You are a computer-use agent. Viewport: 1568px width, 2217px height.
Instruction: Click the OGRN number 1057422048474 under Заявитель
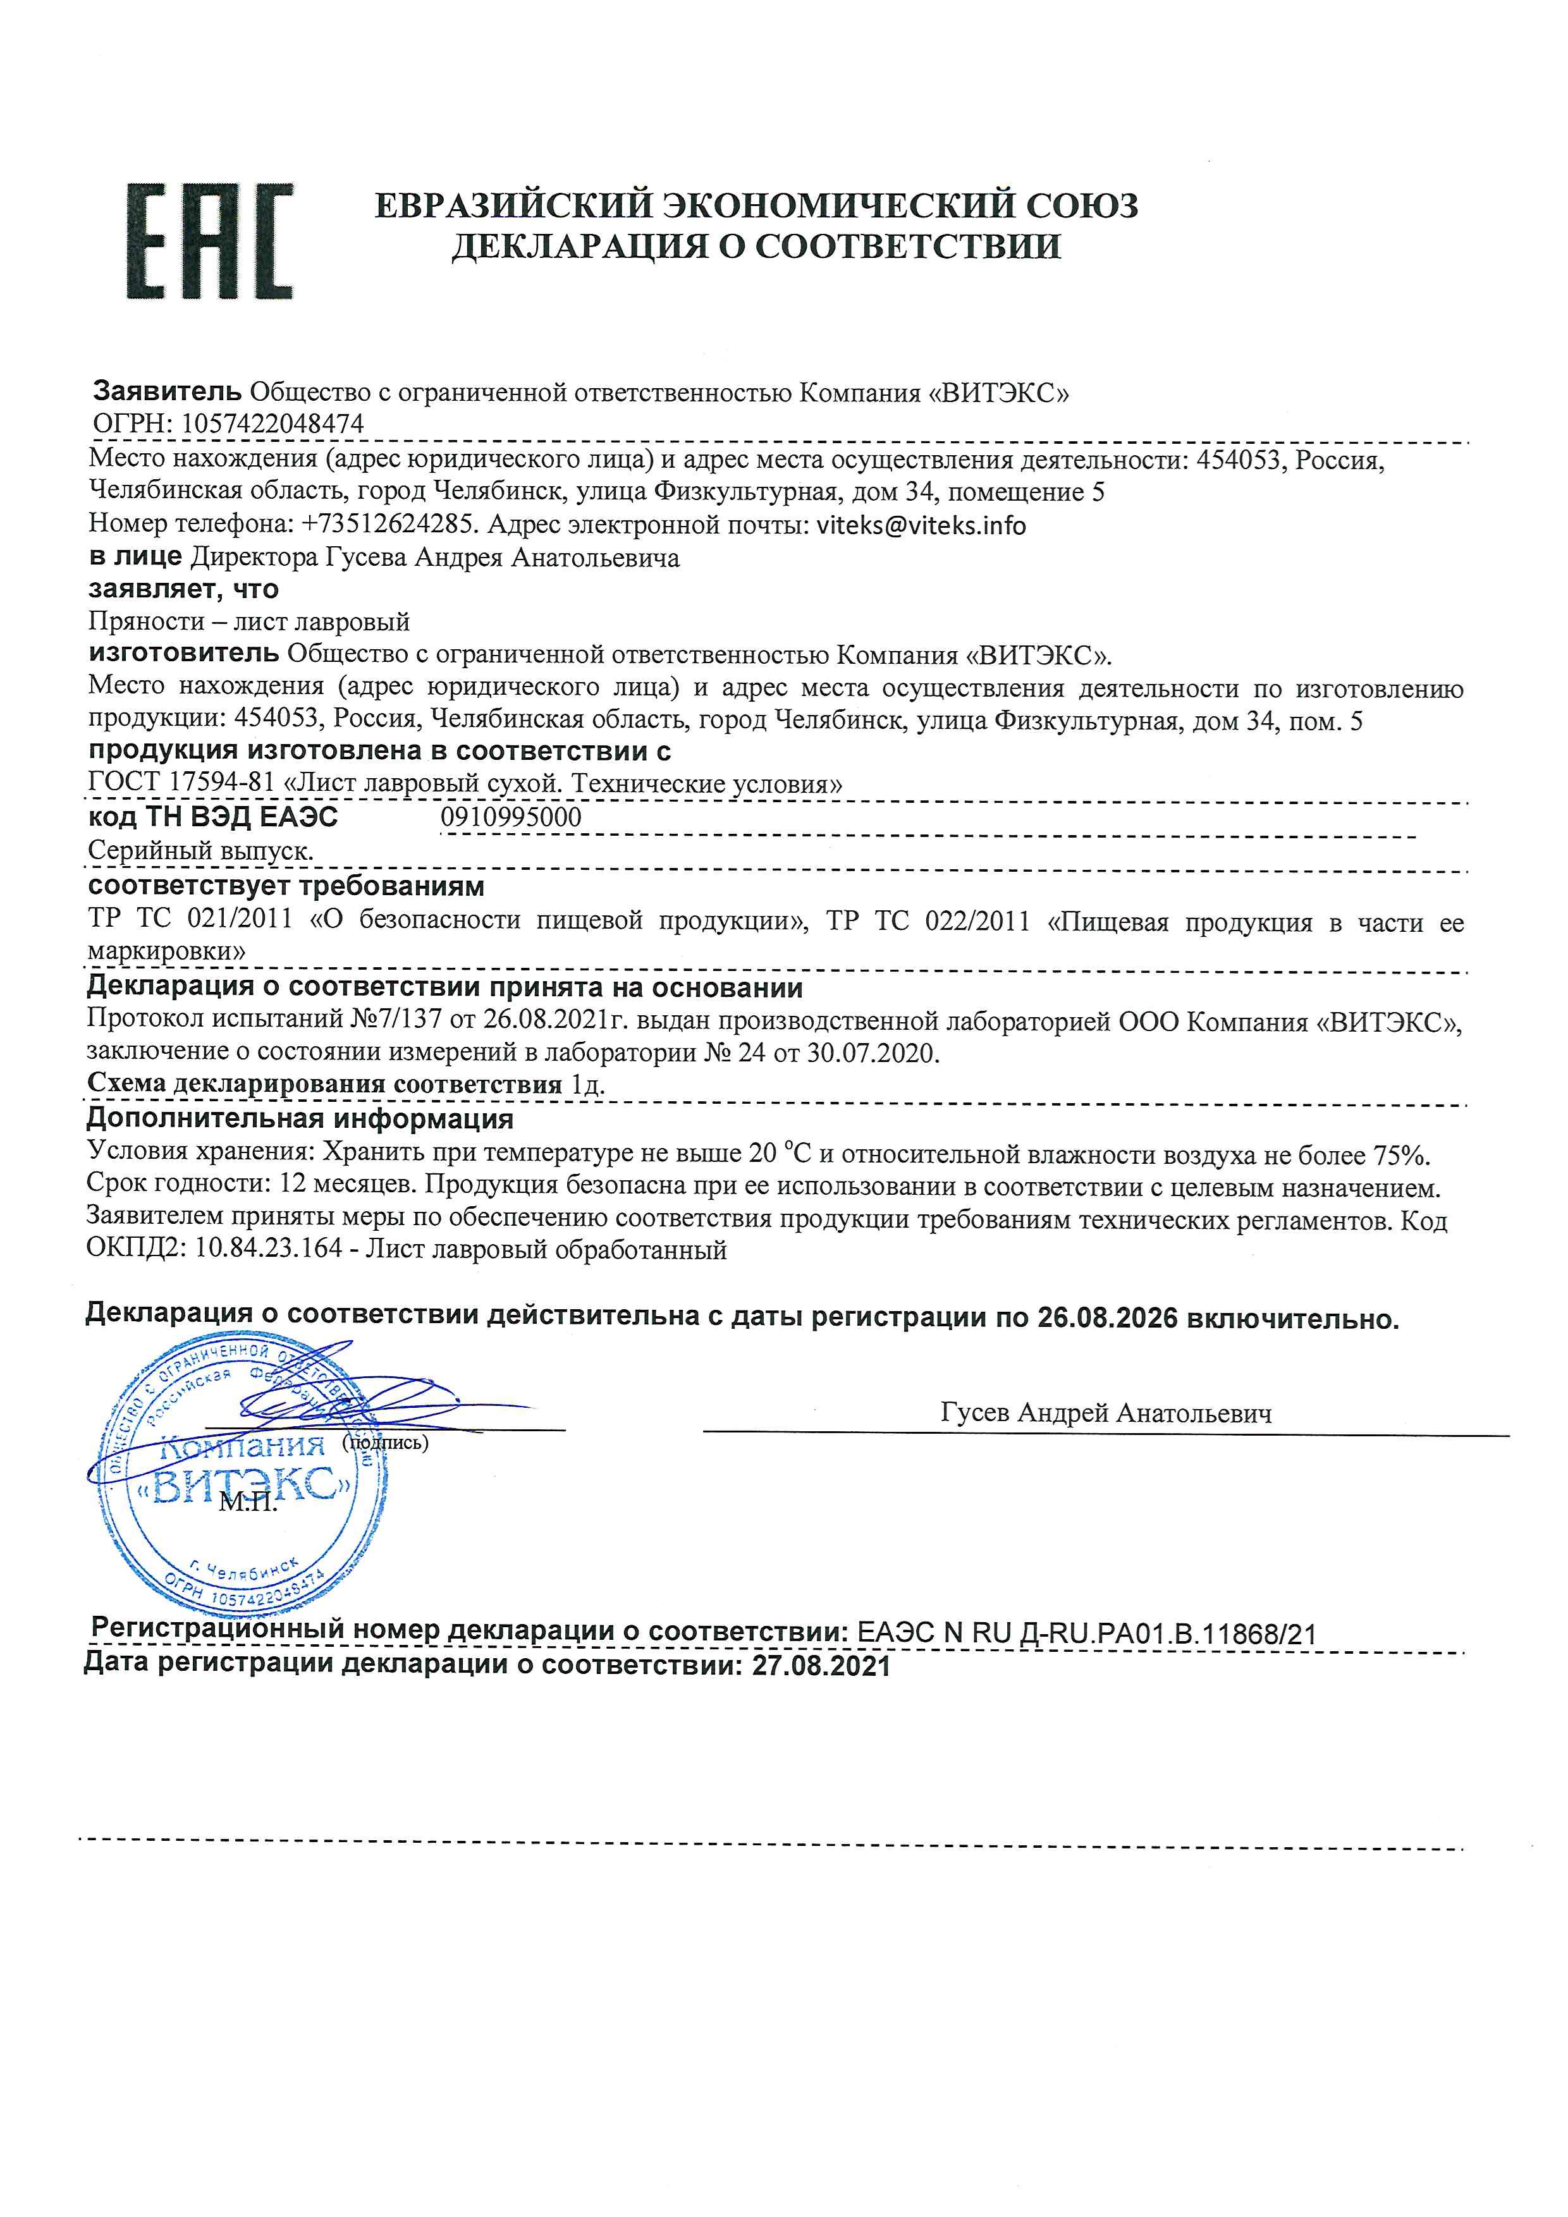(x=273, y=423)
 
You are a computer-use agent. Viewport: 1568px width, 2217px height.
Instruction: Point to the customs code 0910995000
(x=511, y=817)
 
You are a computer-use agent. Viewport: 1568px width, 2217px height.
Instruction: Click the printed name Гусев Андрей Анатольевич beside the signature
(x=1106, y=1413)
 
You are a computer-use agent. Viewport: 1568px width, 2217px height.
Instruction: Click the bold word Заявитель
(x=167, y=391)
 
